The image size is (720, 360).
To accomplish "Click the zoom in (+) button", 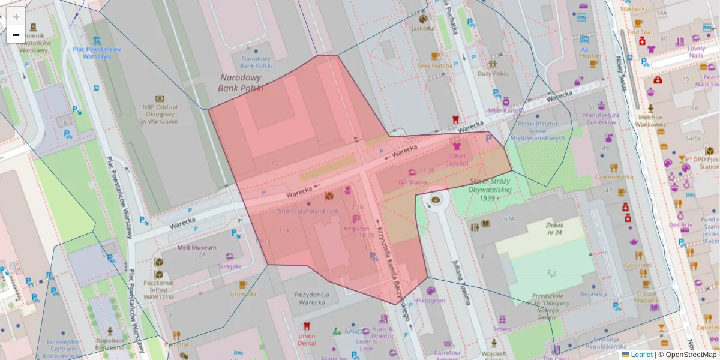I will click(16, 17).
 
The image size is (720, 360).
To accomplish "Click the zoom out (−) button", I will click(16, 35).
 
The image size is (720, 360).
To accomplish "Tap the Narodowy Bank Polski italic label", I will click(241, 83).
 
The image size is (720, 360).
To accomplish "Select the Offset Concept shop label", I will click(457, 160).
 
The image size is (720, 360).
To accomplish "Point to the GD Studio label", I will click(412, 182).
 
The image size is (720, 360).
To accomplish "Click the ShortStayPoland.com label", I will click(308, 211).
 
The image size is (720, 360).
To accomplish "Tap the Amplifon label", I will click(356, 229).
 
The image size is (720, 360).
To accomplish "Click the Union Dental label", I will click(307, 339).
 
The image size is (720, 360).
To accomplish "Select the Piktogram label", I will click(431, 300).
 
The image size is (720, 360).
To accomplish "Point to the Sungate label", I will click(230, 266).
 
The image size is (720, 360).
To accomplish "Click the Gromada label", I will click(242, 294).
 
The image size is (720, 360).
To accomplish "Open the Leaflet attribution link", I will click(641, 355).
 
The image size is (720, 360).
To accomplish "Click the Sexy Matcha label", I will click(435, 65).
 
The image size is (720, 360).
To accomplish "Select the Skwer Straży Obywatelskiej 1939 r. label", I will click(490, 189).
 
